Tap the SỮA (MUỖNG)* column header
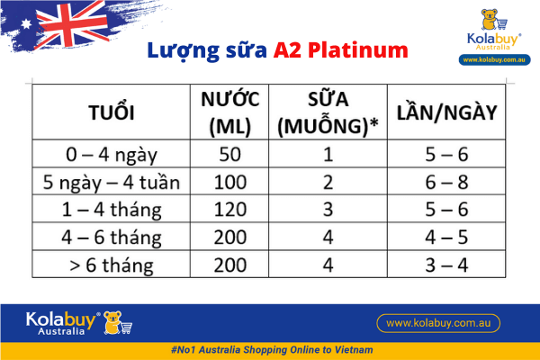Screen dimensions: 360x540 [x=328, y=113]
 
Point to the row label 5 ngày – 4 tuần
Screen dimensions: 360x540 [x=112, y=183]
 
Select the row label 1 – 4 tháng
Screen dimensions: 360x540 [x=112, y=211]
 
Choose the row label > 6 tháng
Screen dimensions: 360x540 [x=112, y=266]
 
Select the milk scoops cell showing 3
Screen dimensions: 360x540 [x=328, y=211]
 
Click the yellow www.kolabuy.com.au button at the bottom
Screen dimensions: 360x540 [x=437, y=322]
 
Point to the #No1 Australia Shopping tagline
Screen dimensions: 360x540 [x=271, y=348]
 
